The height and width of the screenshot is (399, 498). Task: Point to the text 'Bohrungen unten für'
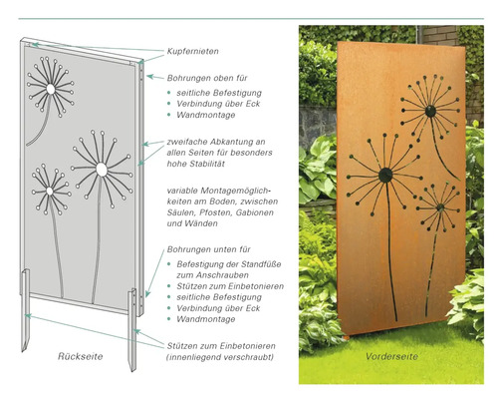point(211,242)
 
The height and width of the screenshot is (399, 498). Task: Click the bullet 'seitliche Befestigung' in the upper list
point(217,92)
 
